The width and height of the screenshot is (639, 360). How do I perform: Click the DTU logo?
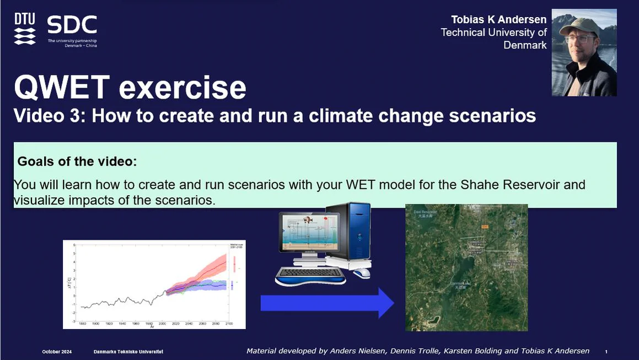(25, 29)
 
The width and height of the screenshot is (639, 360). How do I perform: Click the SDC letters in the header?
(72, 25)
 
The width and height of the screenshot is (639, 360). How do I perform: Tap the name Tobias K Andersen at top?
(499, 20)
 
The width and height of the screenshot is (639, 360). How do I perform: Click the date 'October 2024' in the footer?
(57, 352)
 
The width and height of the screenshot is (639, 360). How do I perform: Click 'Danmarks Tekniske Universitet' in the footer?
(128, 352)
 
